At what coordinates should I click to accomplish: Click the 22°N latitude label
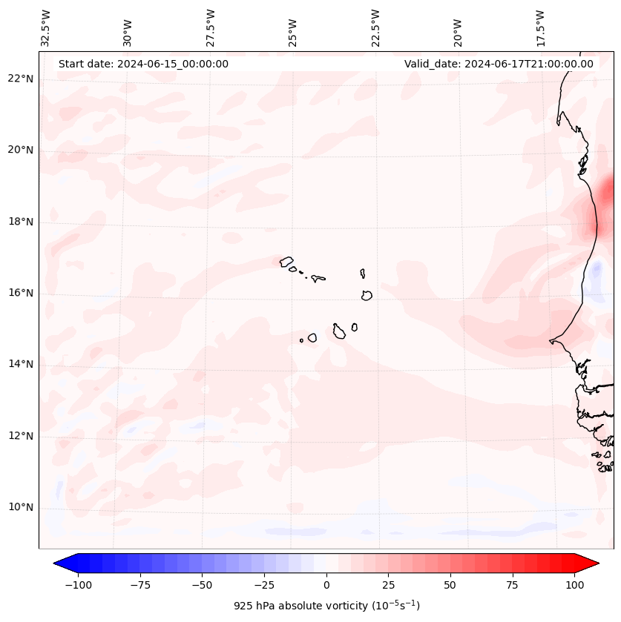tap(20, 79)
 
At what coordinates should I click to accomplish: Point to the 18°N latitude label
tap(20, 222)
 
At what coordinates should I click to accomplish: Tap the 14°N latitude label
tap(20, 364)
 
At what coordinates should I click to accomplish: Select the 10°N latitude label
tap(20, 507)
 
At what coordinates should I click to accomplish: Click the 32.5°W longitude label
tap(46, 27)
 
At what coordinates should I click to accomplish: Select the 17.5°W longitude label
tap(541, 27)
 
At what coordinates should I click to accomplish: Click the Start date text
tap(143, 64)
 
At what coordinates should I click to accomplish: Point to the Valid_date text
tap(499, 64)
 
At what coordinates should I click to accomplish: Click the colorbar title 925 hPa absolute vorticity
tap(326, 606)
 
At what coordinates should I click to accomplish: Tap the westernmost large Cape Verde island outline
tap(286, 261)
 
